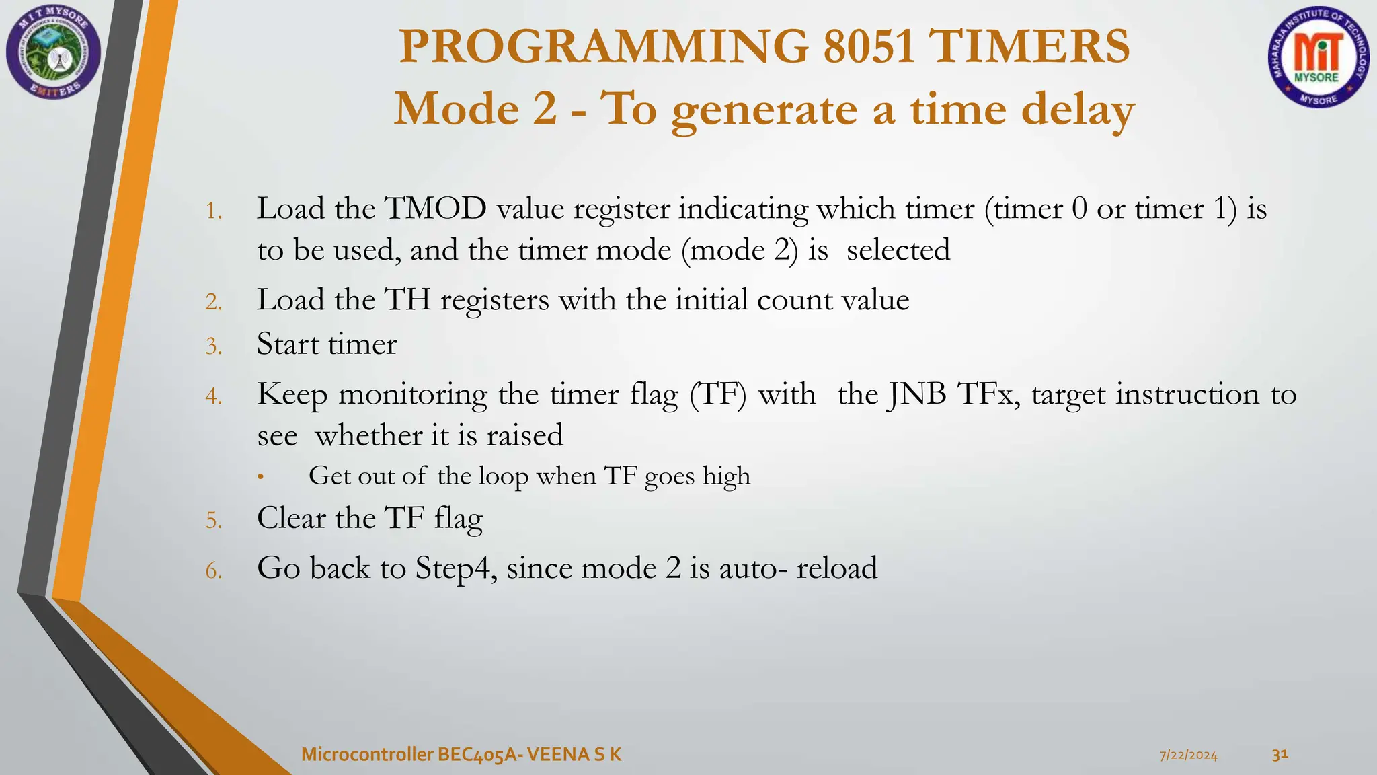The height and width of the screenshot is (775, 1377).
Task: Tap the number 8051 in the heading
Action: (869, 46)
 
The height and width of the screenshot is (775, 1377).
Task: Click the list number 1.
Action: (213, 212)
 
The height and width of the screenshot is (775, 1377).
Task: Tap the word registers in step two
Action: (494, 300)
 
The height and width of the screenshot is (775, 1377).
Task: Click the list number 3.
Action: (213, 347)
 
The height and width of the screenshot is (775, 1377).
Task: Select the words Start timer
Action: (327, 344)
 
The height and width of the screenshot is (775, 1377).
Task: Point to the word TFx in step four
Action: (988, 394)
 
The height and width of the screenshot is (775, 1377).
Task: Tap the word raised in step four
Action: (524, 436)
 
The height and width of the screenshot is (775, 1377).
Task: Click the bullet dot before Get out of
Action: (261, 478)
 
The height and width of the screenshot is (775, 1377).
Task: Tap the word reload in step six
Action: (836, 568)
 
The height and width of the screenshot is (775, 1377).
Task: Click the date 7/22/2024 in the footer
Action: (1189, 755)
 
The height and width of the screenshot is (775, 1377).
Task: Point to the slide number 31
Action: (1280, 754)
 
